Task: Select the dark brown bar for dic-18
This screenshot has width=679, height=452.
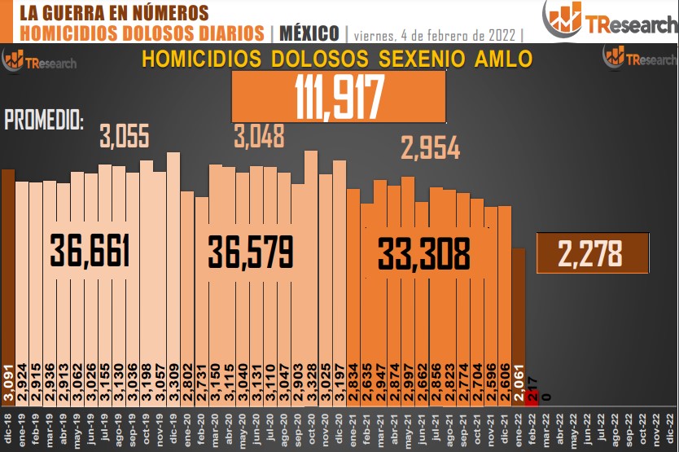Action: click(x=8, y=277)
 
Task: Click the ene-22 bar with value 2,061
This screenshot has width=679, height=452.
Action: click(x=519, y=318)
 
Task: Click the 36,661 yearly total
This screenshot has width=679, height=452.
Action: click(x=90, y=251)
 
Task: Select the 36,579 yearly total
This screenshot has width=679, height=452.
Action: click(x=249, y=251)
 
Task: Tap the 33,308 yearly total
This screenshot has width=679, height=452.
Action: click(x=423, y=255)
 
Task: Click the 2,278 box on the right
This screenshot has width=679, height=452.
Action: click(x=592, y=252)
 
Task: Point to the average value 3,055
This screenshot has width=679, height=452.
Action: click(x=125, y=136)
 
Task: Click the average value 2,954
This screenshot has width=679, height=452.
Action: click(x=430, y=148)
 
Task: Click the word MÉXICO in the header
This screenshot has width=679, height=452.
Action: click(x=309, y=33)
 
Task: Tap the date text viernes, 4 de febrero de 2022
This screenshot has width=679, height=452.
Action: click(x=436, y=35)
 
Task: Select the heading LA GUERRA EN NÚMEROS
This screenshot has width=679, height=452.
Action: click(x=113, y=12)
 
